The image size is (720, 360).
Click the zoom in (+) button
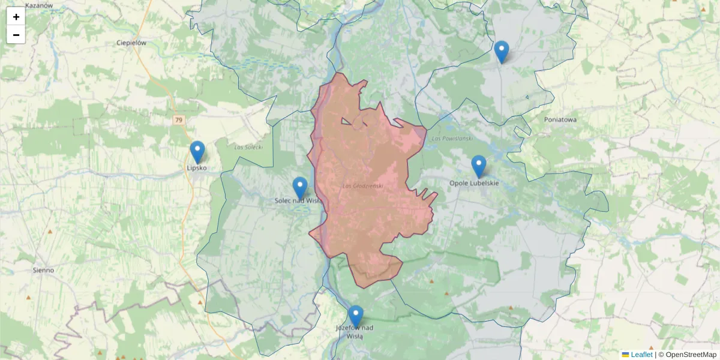tap(16, 17)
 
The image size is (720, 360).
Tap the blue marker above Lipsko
tap(197, 151)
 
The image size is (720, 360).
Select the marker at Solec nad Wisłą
tap(300, 187)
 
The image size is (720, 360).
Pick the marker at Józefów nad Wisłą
tap(356, 316)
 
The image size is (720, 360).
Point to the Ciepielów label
tap(132, 43)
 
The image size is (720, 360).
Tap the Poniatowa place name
tap(560, 119)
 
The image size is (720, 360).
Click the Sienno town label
tap(43, 270)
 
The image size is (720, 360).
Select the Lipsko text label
tap(197, 168)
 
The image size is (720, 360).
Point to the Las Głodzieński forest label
tap(362, 186)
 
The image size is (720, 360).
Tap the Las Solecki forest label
tap(248, 147)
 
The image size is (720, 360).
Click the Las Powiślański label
tap(452, 139)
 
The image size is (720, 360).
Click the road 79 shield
tap(178, 120)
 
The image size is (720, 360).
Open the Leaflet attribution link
tap(641, 355)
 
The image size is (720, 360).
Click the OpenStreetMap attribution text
tap(691, 355)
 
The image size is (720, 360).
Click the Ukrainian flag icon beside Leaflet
tap(625, 355)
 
